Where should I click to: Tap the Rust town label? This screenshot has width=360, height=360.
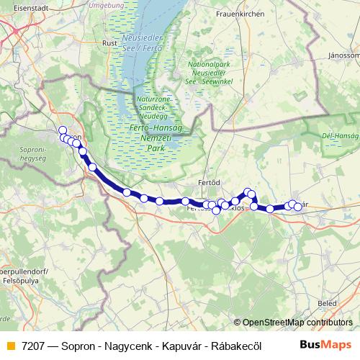(x=109, y=43)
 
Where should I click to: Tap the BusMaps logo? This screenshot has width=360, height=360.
(x=326, y=346)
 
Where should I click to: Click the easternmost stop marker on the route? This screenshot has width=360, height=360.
(x=297, y=207)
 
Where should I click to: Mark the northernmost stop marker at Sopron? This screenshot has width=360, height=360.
(x=63, y=130)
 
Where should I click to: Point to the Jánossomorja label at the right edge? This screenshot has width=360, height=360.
(x=343, y=55)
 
